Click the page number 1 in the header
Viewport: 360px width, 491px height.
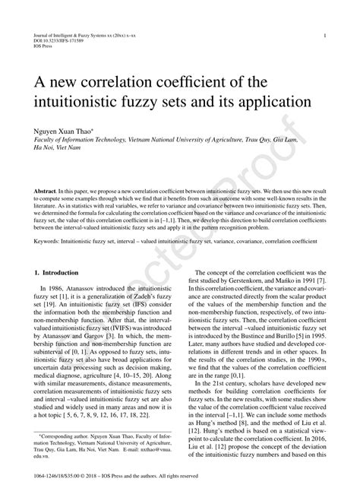(x=325, y=36)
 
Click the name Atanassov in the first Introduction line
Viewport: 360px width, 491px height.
(x=90, y=290)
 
